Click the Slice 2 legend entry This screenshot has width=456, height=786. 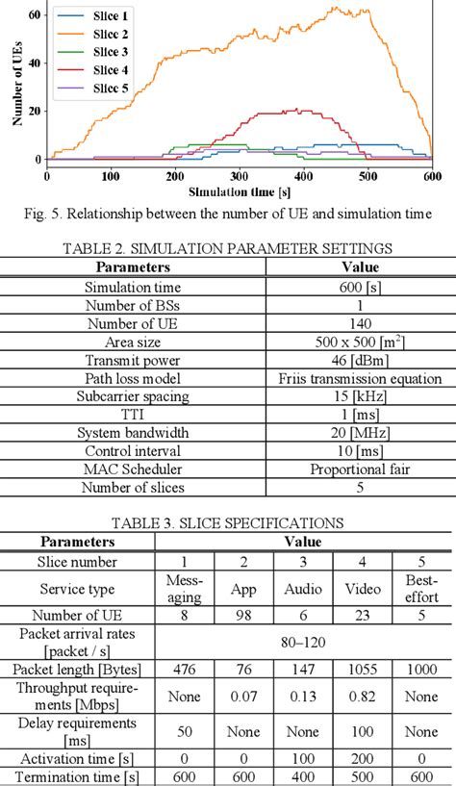[x=112, y=35]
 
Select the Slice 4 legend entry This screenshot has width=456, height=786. [x=112, y=70]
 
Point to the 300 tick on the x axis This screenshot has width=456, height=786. [x=304, y=175]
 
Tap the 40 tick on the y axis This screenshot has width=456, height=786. [x=35, y=63]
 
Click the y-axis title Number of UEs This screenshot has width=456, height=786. [x=16, y=88]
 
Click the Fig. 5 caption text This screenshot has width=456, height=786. [x=228, y=214]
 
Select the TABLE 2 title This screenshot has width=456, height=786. [x=228, y=248]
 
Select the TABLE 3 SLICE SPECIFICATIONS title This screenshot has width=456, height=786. [x=228, y=523]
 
